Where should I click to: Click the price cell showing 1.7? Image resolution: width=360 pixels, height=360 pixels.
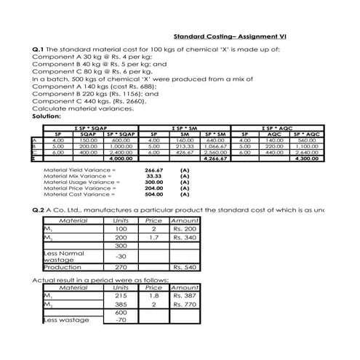[153, 237]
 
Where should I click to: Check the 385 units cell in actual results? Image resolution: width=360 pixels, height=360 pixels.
[121, 306]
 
